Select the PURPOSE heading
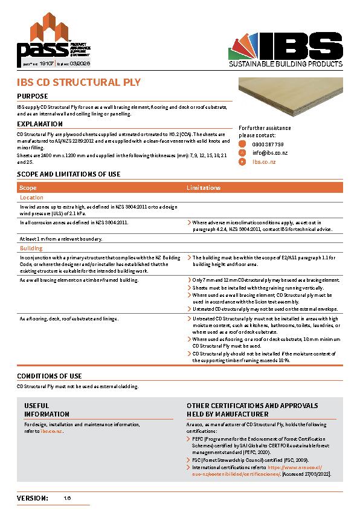pos(33,97)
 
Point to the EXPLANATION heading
pos(40,124)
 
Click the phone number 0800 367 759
pos(268,145)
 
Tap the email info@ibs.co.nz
pos(270,154)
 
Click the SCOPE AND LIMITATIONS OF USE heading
pos(68,175)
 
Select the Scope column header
pos(28,188)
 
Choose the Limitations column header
pos(204,188)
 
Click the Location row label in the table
pos(31,198)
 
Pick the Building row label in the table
pos(31,248)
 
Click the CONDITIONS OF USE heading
pos(49,377)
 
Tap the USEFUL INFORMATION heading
pos(47,410)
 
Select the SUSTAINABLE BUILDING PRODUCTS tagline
pos(285,64)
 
